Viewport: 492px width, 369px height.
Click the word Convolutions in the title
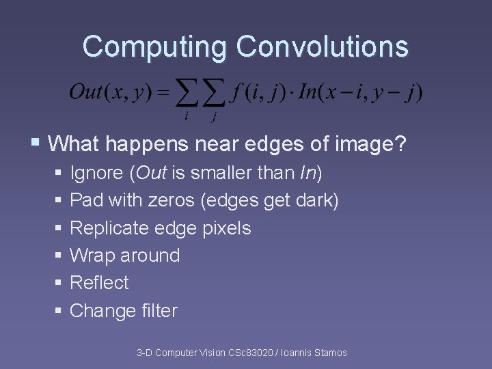click(323, 47)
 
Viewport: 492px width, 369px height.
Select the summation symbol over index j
click(213, 94)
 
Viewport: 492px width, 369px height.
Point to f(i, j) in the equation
click(256, 92)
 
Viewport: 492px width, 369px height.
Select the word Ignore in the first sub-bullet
click(96, 174)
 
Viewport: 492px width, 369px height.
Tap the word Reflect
click(99, 283)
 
